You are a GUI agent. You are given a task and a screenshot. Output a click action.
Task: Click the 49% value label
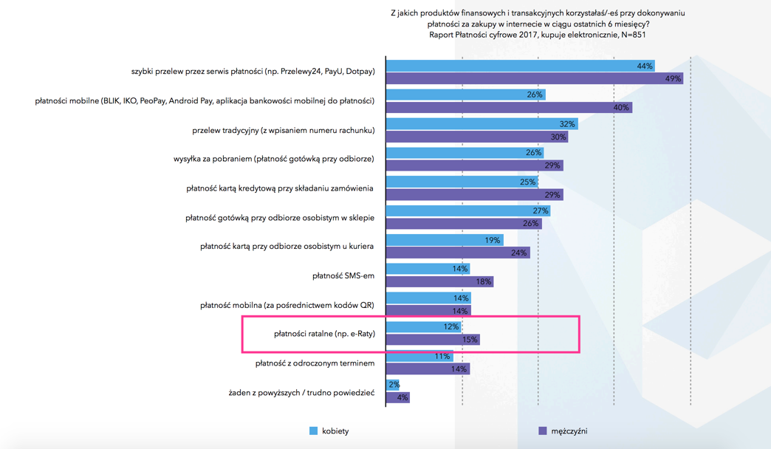[673, 79]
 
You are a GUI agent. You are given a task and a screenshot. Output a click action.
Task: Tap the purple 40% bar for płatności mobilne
[502, 108]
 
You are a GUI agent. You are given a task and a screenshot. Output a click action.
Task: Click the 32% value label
[567, 124]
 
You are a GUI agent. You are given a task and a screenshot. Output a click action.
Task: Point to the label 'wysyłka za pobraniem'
[274, 159]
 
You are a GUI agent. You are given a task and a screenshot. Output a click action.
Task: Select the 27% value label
[541, 211]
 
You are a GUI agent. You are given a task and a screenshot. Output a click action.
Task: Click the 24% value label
[518, 253]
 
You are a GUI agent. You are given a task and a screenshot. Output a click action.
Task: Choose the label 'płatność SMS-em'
[343, 275]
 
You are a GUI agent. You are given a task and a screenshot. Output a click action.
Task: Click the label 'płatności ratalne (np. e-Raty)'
[324, 334]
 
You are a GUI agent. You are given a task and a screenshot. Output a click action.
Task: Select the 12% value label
[451, 327]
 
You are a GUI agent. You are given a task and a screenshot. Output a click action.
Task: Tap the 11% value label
[442, 356]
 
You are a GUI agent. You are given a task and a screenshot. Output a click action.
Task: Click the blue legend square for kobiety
[314, 431]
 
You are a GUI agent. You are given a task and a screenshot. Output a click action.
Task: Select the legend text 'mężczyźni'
[569, 431]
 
